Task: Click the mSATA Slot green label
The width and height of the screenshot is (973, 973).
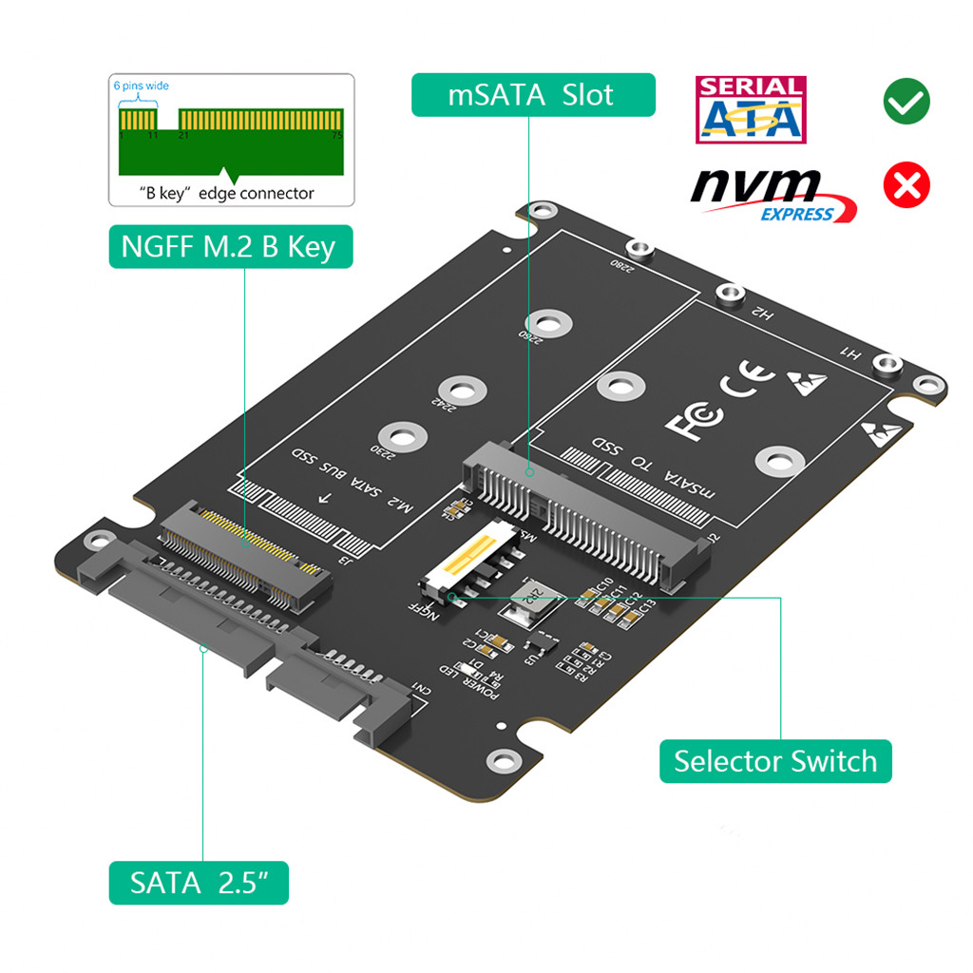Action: (x=533, y=95)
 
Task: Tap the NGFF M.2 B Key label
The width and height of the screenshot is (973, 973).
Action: (x=229, y=246)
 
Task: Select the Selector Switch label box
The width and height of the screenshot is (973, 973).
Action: (x=775, y=761)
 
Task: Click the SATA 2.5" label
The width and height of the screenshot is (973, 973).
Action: (x=197, y=883)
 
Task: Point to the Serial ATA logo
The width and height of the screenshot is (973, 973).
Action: (x=751, y=110)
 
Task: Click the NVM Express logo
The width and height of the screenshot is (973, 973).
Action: (x=772, y=194)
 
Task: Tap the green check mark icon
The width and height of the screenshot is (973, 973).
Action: (x=906, y=101)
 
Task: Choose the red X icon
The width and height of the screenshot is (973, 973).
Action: (x=906, y=185)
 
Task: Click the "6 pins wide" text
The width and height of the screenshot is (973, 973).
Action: (x=142, y=86)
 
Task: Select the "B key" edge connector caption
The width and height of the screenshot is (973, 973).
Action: (x=227, y=193)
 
